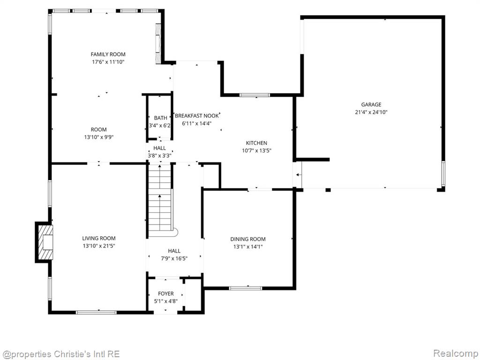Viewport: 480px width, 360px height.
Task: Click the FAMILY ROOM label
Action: point(108,54)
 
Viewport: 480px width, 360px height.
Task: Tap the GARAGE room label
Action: point(371,105)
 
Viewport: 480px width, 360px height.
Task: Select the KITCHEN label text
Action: point(256,143)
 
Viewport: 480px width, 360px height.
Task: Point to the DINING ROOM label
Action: point(248,239)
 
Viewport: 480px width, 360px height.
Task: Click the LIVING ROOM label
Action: point(99,238)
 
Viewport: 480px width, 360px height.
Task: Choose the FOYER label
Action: point(166,293)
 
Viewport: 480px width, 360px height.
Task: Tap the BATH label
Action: point(161,118)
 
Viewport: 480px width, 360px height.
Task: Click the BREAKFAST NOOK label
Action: point(197,116)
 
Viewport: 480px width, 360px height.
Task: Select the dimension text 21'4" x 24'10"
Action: point(371,112)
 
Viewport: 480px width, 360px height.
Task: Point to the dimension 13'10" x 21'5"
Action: point(99,246)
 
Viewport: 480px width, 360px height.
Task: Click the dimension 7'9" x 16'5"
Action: point(174,258)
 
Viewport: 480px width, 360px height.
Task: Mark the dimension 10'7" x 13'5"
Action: point(256,150)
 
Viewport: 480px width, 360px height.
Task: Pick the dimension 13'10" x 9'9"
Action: point(99,137)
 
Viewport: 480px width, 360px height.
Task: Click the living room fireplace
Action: point(44,242)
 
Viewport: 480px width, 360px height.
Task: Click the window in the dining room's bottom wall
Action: point(246,288)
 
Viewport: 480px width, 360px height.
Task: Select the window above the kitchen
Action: point(255,95)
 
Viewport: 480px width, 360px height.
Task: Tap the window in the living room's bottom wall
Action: point(96,312)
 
